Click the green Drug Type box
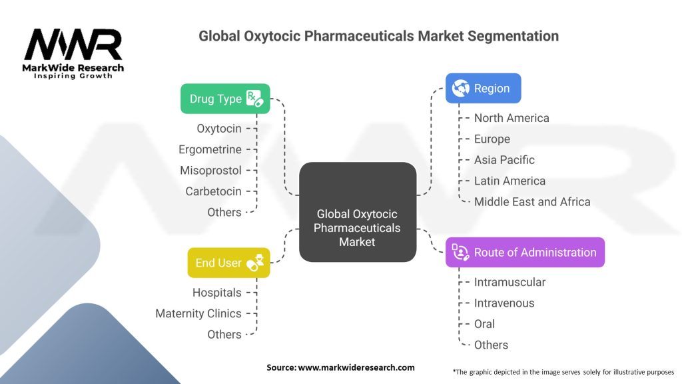click(225, 99)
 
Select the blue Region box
click(483, 88)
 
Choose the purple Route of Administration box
click(525, 253)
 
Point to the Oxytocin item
click(218, 128)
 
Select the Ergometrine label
click(210, 149)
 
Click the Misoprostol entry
click(210, 170)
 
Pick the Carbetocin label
click(213, 191)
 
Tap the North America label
click(511, 118)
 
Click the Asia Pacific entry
click(504, 160)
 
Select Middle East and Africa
click(532, 201)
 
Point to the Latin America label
click(510, 181)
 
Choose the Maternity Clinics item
click(198, 313)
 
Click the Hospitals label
click(216, 292)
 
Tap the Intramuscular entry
click(510, 282)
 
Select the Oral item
click(484, 324)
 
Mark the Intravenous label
click(504, 303)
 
